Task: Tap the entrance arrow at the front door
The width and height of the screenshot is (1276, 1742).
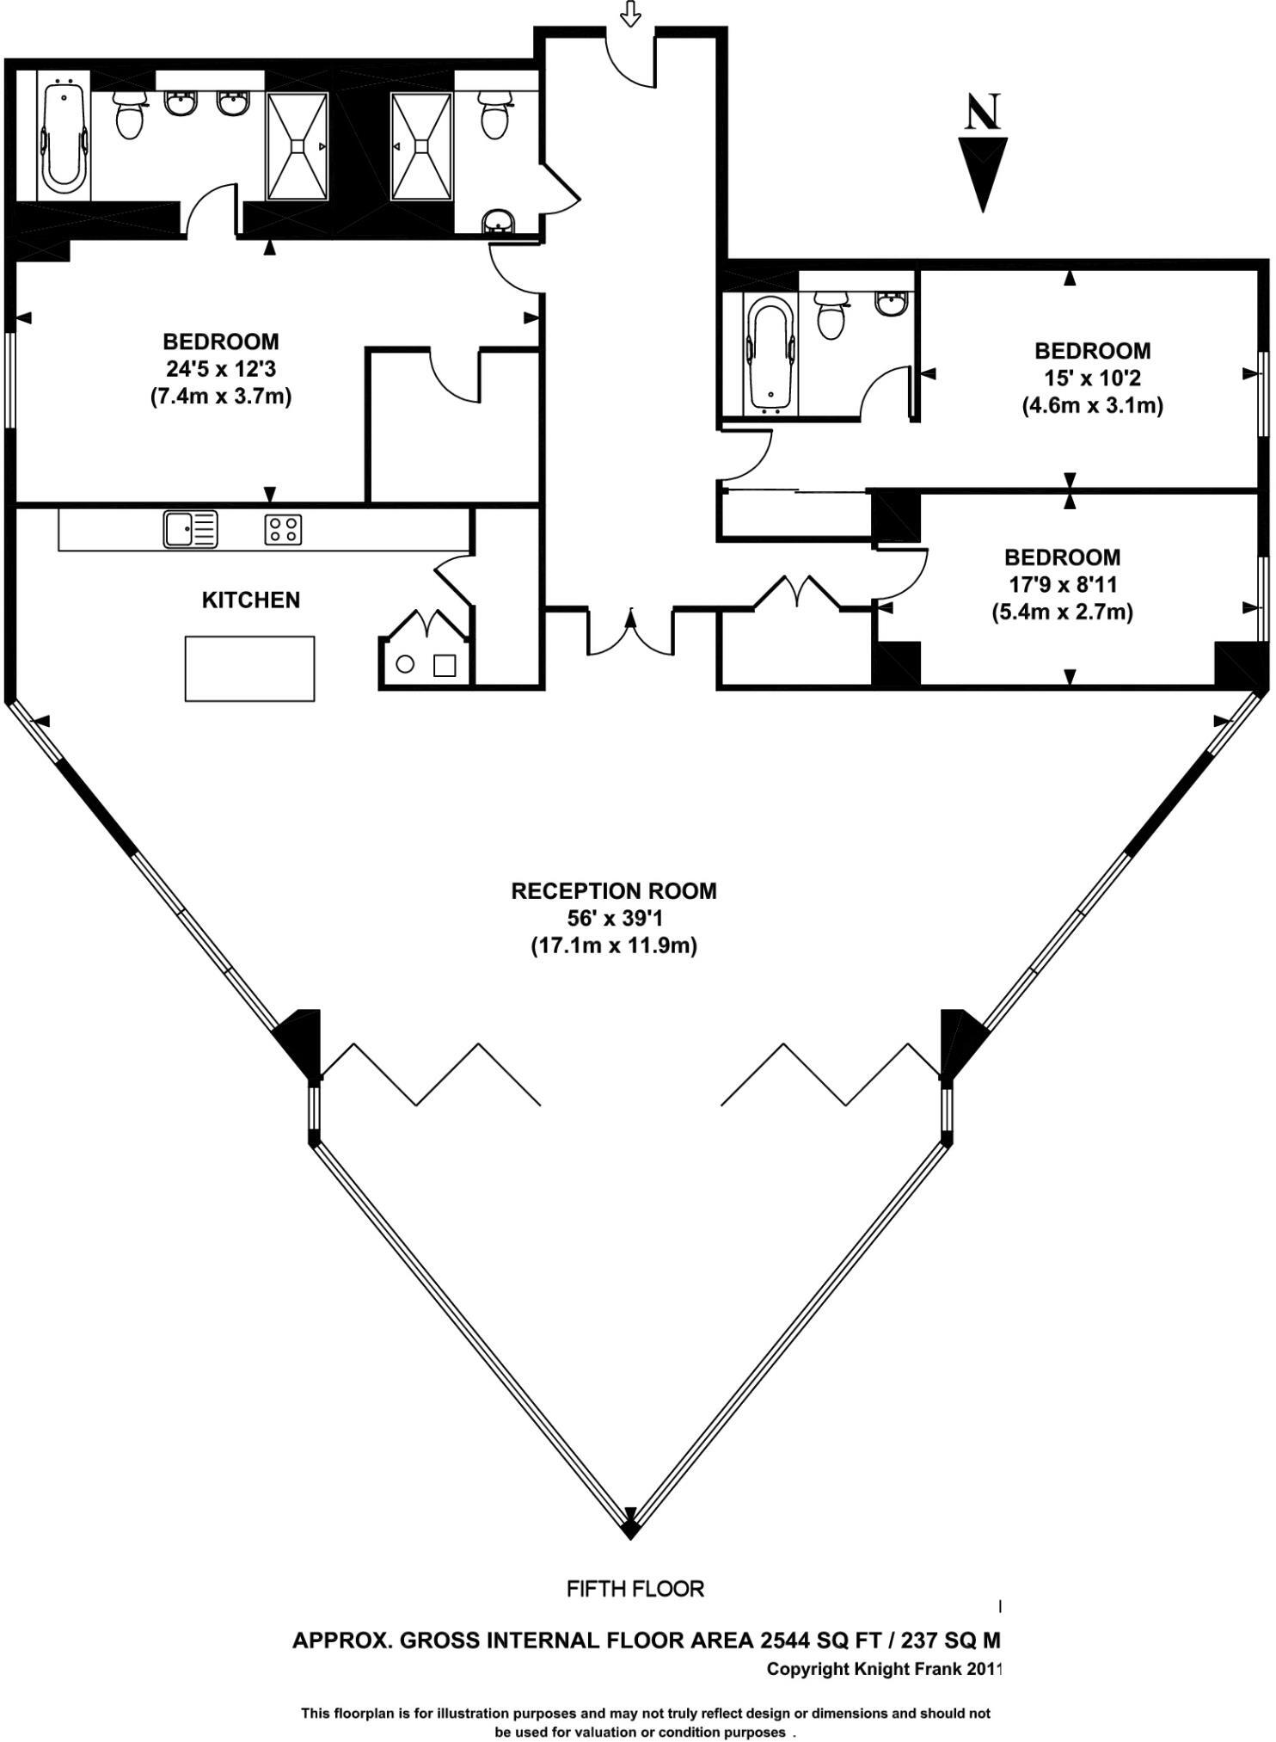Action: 631,13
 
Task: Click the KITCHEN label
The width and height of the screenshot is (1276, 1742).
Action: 251,600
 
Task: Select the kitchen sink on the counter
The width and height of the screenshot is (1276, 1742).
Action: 191,528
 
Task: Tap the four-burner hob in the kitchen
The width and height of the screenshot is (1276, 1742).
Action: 283,529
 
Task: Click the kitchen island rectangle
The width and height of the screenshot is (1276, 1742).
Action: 249,668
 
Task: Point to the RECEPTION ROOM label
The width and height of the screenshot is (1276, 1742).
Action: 614,890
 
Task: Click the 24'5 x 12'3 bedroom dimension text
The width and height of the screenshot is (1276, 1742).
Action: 221,369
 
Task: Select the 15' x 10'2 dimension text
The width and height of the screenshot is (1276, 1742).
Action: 1092,378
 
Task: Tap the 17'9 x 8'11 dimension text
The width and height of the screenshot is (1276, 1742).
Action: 1063,584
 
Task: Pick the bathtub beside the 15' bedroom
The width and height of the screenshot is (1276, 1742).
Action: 770,353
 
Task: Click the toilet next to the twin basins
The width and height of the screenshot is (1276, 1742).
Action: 130,116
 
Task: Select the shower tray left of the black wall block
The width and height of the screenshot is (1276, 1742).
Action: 298,145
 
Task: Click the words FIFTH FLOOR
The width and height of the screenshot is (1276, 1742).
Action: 635,1589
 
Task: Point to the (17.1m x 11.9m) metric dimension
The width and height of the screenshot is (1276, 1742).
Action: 614,945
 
